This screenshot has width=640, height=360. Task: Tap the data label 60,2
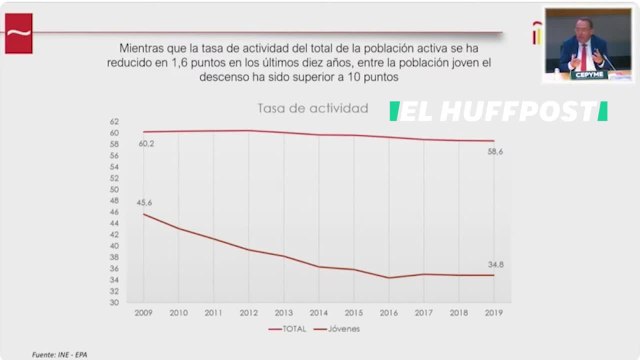pyautogui.click(x=146, y=143)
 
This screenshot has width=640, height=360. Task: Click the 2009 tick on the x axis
pyautogui.click(x=144, y=312)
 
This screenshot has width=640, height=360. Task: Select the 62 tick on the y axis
pyautogui.click(x=115, y=121)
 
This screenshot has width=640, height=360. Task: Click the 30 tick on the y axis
pyautogui.click(x=115, y=302)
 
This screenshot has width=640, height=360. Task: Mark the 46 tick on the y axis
pyautogui.click(x=115, y=212)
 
